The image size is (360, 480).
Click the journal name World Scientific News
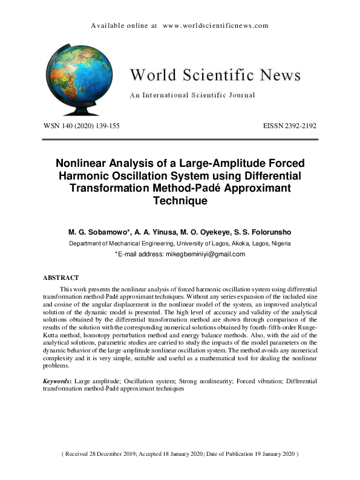[215, 75]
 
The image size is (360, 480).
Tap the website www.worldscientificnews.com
[215, 25]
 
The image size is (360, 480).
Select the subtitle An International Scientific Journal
[192, 95]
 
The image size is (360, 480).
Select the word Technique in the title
[180, 201]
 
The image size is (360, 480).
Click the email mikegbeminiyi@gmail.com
[205, 254]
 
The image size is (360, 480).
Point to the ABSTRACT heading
[61, 277]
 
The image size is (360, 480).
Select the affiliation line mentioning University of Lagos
[180, 243]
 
